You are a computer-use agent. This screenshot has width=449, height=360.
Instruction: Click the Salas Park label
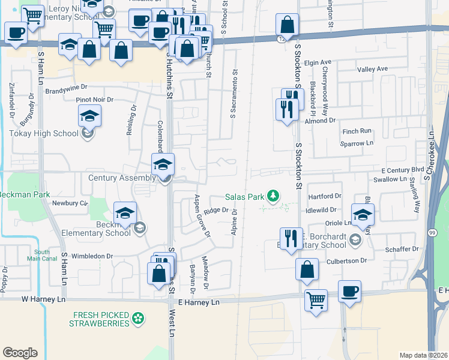click(245, 196)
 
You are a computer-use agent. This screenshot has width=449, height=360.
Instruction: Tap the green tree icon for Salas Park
click(274, 196)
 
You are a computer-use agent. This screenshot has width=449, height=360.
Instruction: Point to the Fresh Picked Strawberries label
click(101, 319)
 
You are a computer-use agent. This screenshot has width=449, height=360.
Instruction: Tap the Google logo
click(20, 353)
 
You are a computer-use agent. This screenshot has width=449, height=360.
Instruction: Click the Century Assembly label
click(122, 178)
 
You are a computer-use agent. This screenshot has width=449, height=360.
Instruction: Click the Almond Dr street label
click(319, 121)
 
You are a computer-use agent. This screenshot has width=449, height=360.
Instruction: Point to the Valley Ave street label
click(372, 70)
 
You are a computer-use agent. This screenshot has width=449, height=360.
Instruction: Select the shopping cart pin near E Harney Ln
click(316, 299)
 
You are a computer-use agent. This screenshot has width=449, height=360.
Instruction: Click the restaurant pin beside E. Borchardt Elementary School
click(291, 238)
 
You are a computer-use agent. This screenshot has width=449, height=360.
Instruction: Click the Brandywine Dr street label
click(67, 91)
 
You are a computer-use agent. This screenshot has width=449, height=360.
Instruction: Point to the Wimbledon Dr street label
click(92, 256)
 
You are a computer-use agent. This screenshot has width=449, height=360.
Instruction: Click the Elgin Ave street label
click(318, 62)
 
